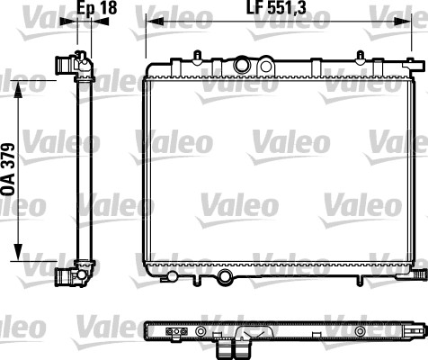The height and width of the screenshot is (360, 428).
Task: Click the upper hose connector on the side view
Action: point(66,65)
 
